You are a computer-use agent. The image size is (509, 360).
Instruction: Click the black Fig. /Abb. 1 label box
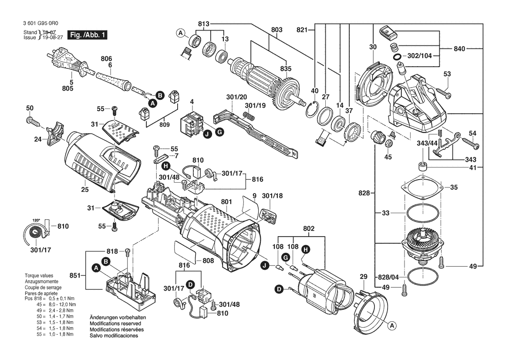click(x=87, y=35)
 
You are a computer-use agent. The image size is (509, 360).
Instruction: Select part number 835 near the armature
click(x=286, y=68)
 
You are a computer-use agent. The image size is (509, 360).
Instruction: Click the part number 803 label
click(x=276, y=30)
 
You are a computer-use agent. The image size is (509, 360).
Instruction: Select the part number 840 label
click(x=459, y=49)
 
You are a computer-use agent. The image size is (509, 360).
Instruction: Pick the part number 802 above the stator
click(x=309, y=228)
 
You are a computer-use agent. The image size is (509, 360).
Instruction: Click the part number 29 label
click(x=364, y=276)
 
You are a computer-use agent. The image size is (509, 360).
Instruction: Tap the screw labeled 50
click(x=33, y=122)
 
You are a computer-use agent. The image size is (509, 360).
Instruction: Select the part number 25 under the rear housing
click(x=85, y=189)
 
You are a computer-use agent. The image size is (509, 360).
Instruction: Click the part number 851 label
click(x=75, y=275)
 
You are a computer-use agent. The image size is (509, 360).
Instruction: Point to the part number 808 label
click(x=208, y=260)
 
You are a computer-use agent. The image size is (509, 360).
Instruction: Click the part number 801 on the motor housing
click(x=226, y=202)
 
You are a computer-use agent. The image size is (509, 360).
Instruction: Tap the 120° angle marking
click(x=36, y=220)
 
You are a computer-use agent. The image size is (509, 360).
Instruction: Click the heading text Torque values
click(x=39, y=275)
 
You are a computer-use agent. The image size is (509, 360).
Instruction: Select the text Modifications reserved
click(x=115, y=323)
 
